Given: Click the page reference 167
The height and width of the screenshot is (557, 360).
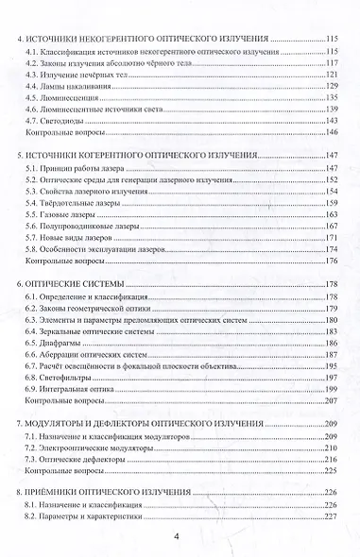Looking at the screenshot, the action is pos(332,228).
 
